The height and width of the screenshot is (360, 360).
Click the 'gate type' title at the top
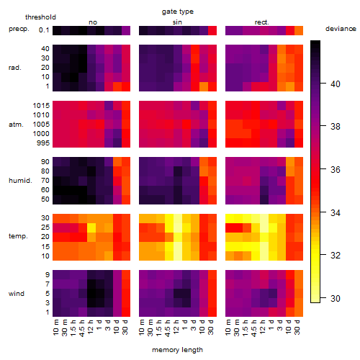coord(178,12)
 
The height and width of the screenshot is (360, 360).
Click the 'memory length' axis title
coord(177,350)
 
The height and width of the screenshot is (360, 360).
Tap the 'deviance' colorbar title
coord(341,29)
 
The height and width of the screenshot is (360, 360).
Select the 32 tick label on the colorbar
coord(336,255)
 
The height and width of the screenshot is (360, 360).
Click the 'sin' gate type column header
coord(177,22)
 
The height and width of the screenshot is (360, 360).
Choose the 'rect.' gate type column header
coord(262,22)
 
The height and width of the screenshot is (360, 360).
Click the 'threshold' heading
coord(40,17)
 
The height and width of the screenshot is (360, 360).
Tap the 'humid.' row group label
coord(20,180)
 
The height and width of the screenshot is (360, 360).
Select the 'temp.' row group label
coord(18,236)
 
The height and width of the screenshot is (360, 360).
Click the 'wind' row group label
coord(17,294)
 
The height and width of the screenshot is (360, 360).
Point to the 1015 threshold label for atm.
coord(41,105)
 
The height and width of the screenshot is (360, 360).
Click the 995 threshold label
coord(43,143)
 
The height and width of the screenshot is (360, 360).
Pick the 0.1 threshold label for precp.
coord(44,30)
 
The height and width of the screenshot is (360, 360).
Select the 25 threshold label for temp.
coord(45,227)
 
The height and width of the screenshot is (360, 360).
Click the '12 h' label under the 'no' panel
coord(91,327)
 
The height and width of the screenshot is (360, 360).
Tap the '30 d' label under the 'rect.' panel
coord(297,327)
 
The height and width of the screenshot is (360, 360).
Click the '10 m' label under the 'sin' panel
coord(142,328)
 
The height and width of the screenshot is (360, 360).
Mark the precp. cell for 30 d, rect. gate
coord(299,30)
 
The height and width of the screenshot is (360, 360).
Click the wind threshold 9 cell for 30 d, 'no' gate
coord(126,275)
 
